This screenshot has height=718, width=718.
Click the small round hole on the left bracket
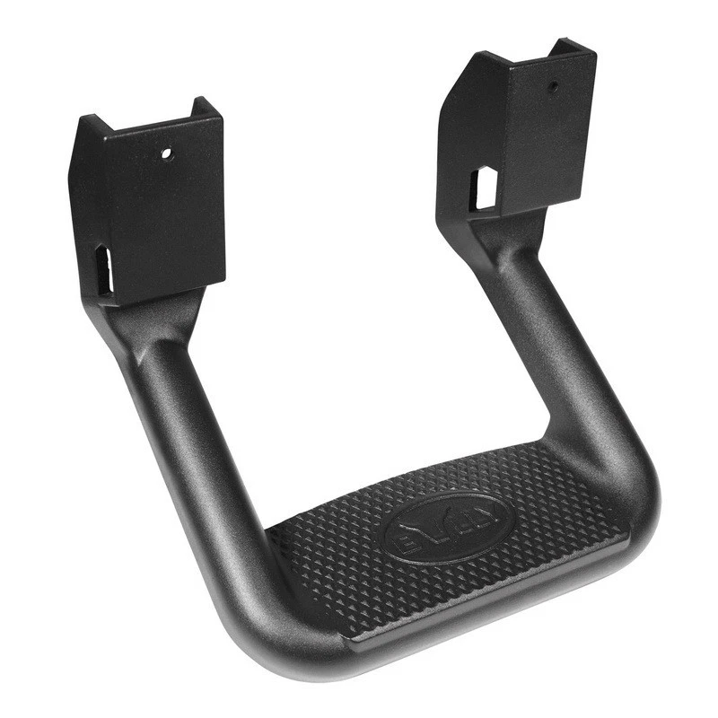coord(166,153)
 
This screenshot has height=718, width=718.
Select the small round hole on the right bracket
coord(554,88)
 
